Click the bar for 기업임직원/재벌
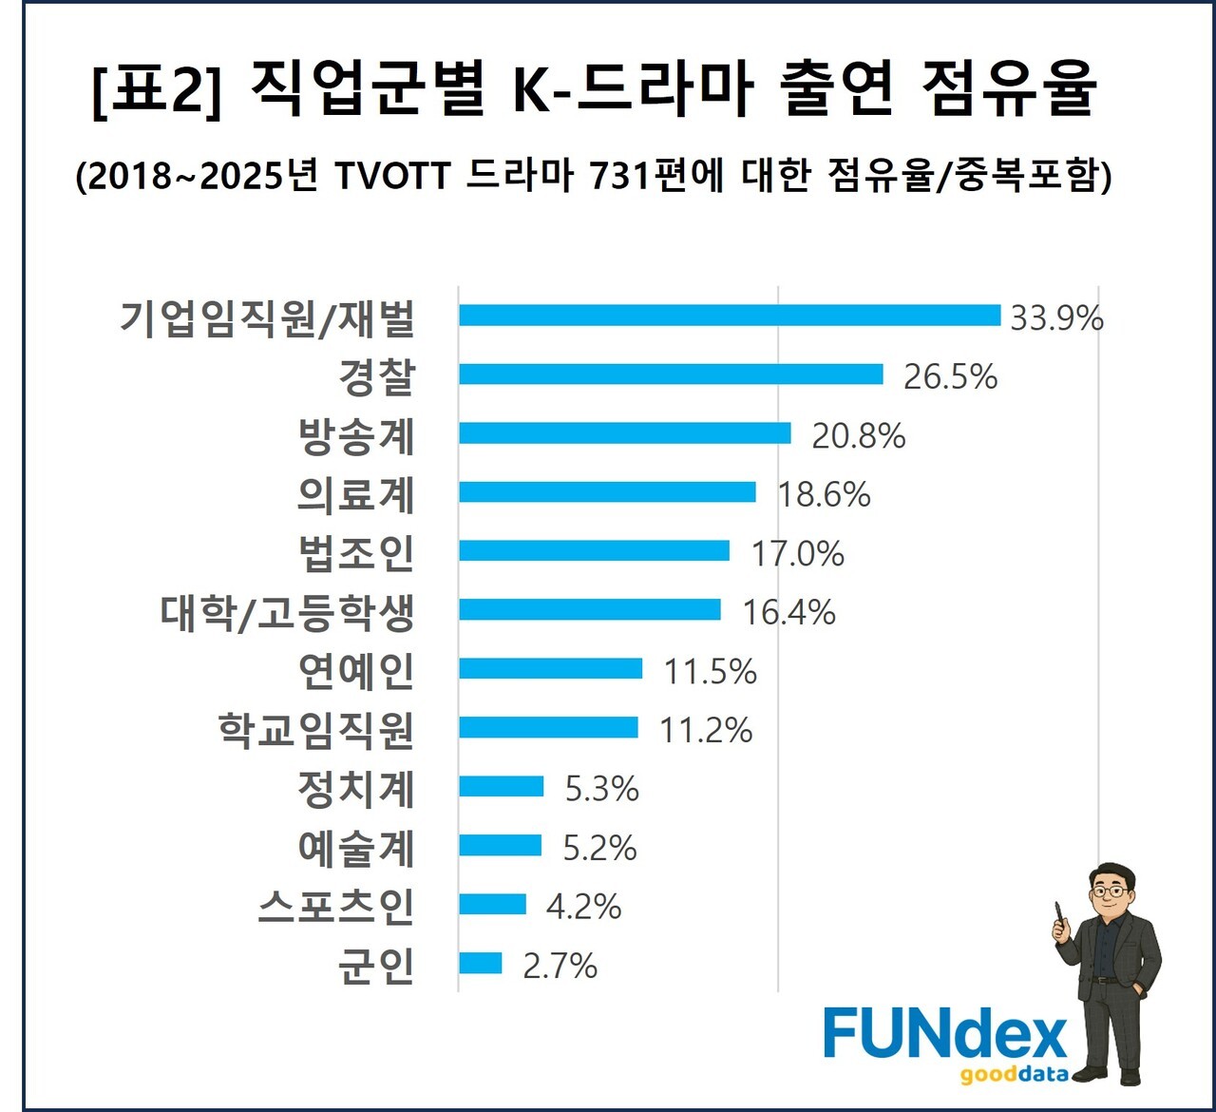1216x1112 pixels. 730,316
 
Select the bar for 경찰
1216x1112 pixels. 671,374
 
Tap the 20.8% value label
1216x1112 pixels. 858,435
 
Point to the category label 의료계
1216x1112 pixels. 356,494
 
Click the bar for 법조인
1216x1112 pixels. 594,551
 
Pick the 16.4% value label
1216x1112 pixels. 788,612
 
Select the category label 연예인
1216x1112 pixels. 356,671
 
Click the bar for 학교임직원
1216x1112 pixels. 548,728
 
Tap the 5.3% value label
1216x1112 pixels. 601,789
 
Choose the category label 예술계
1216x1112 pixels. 356,848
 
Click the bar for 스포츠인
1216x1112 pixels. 492,904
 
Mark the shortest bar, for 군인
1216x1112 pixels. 480,964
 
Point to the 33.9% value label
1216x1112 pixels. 1056,317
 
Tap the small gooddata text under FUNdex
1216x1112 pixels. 1014,1075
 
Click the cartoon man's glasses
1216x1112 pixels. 1112,892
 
